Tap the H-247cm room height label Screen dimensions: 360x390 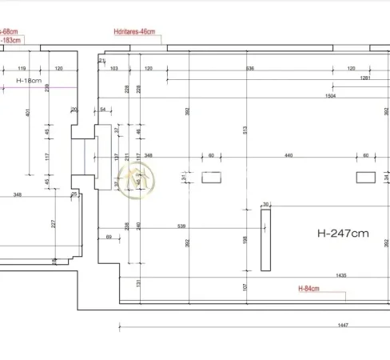pyautogui.click(x=343, y=234)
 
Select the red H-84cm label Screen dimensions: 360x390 pyautogui.click(x=309, y=289)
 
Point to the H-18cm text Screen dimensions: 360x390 pyautogui.click(x=29, y=81)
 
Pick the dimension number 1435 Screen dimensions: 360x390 pyautogui.click(x=340, y=275)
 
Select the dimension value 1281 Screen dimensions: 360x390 pyautogui.click(x=364, y=78)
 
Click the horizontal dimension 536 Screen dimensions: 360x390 pyautogui.click(x=249, y=69)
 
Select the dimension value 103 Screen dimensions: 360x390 pyautogui.click(x=113, y=69)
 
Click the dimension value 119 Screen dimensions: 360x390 pyautogui.click(x=22, y=69)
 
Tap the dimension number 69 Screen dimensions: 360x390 pyautogui.click(x=109, y=238)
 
